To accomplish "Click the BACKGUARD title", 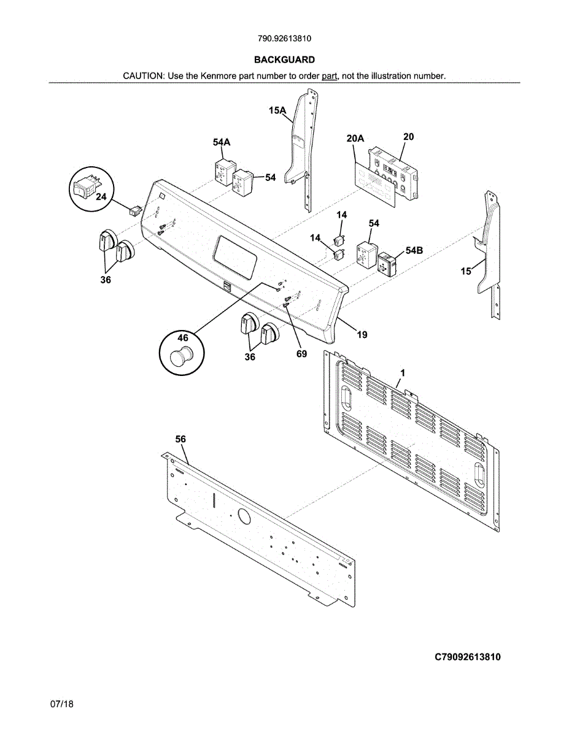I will [284, 59].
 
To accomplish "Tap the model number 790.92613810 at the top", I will [284, 38].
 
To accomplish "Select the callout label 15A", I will [277, 111].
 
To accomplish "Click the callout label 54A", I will [222, 142].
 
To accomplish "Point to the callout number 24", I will [101, 197].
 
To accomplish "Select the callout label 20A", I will [355, 139].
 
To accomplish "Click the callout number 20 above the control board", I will [408, 137].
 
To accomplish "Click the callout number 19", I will [362, 334].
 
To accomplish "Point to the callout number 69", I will [301, 354].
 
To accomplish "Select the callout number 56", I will [180, 439].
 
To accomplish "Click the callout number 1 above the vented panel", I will [403, 372].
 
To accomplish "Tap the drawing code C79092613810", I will [468, 657].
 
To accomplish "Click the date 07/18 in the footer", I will [62, 705].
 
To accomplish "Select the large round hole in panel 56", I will [244, 516].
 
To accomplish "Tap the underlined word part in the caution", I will [330, 76].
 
